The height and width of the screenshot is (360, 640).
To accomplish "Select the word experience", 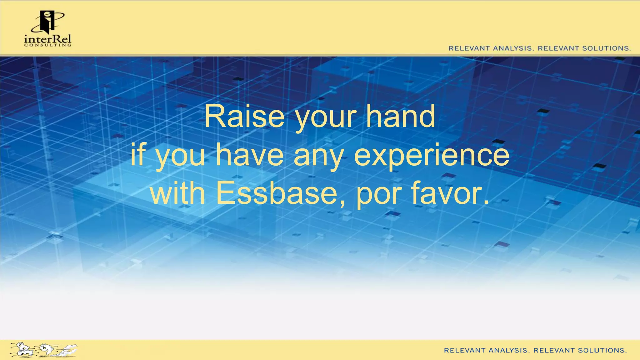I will pos(432,155).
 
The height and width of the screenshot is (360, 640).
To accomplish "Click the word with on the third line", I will pos(177,193).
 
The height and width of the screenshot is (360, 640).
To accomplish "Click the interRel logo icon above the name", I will pos(47,22).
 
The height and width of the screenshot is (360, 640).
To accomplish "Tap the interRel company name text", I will pos(47,39).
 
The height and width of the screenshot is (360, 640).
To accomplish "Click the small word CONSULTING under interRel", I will pos(47,45).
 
